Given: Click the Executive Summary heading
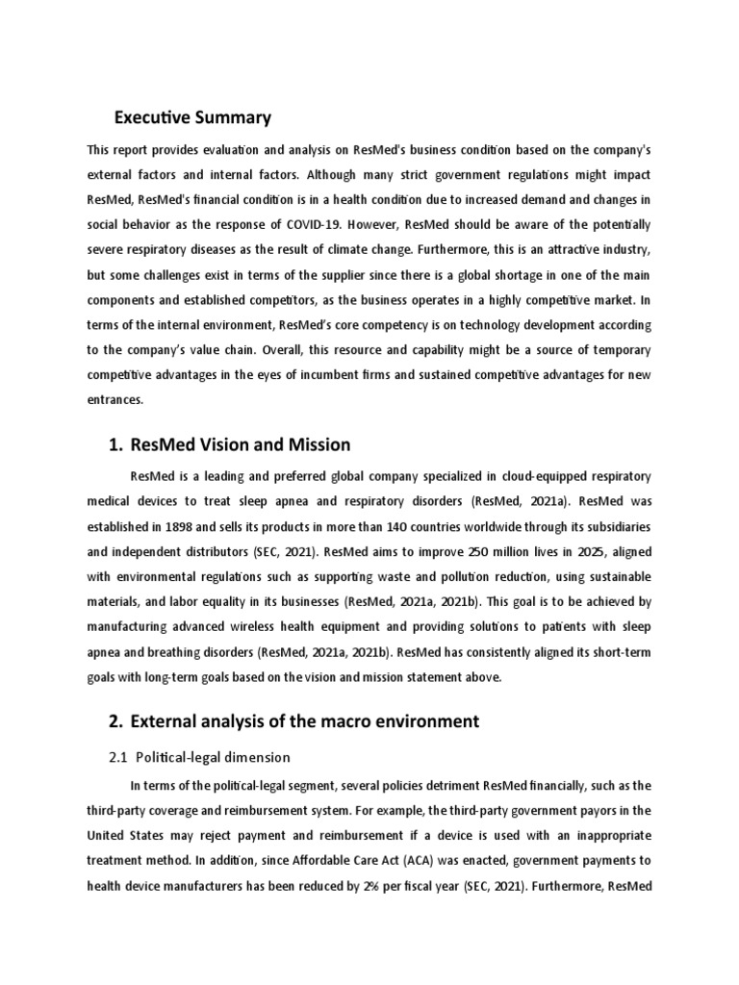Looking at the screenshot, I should [x=192, y=118].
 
